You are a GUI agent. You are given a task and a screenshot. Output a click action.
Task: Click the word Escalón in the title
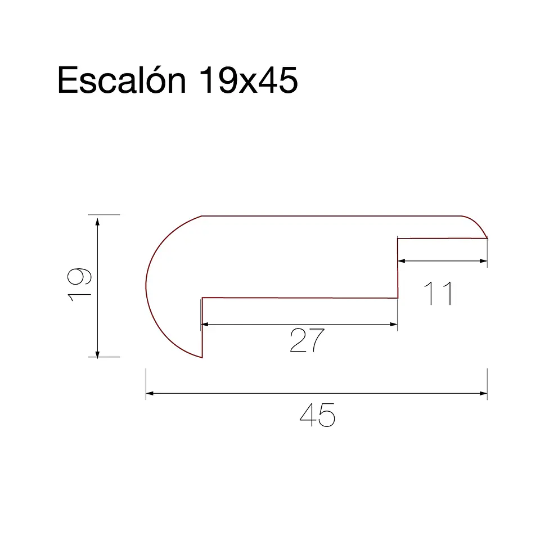click(121, 80)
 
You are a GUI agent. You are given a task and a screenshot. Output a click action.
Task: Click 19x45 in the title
click(248, 80)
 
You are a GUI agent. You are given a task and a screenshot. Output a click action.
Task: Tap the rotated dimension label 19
click(79, 285)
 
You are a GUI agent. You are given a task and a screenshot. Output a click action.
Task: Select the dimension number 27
click(307, 340)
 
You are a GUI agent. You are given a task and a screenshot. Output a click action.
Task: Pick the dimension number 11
click(438, 293)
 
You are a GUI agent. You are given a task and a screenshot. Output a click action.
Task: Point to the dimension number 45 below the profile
click(317, 415)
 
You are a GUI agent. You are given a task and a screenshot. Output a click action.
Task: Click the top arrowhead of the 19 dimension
click(97, 222)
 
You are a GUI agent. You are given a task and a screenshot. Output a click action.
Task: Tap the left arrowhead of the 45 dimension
click(150, 393)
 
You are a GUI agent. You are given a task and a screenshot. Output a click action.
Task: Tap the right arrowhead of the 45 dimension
click(483, 393)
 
